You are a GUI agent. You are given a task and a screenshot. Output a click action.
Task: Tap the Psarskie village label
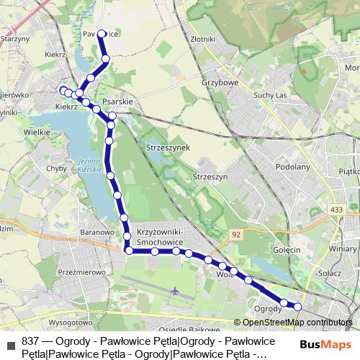(x=118, y=102)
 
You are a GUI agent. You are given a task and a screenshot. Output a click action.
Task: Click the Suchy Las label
(x=271, y=95)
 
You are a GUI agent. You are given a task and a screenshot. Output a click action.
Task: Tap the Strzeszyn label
(x=210, y=176)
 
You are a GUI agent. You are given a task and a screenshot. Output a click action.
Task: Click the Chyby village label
(x=56, y=168)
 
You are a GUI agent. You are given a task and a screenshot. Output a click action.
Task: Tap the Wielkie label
(x=37, y=132)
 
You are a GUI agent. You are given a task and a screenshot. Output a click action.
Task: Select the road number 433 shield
(x=336, y=210)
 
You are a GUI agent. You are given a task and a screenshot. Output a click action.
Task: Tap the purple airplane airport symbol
(x=176, y=291)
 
